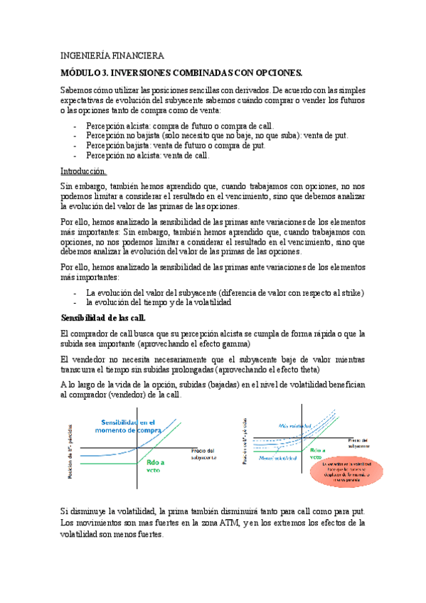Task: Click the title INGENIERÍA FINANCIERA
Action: click(x=112, y=55)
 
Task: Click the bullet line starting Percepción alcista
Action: click(x=180, y=125)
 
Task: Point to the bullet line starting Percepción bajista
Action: click(x=176, y=145)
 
